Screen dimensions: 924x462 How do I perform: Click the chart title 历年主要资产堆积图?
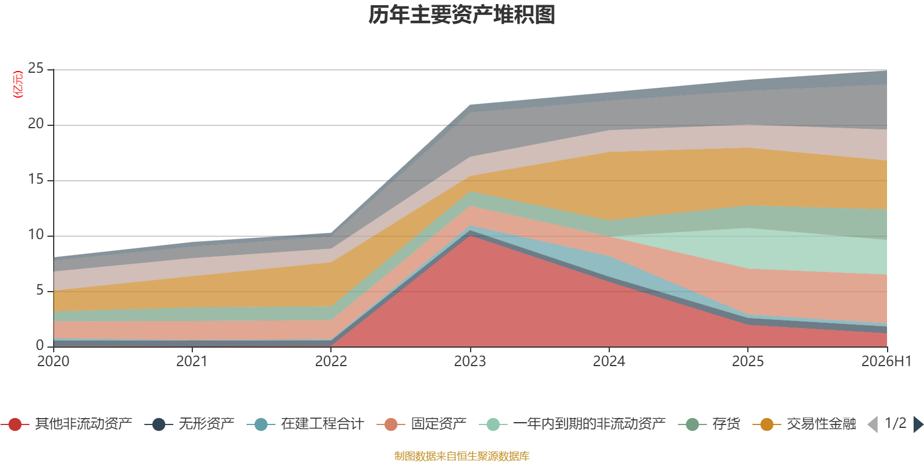point(461,15)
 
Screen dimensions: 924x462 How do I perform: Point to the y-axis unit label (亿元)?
point(18,84)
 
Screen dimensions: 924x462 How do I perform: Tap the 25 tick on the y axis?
point(36,69)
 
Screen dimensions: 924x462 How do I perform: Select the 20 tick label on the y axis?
point(36,124)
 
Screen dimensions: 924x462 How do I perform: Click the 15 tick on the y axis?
point(36,180)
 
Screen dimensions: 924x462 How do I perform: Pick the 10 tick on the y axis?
point(36,234)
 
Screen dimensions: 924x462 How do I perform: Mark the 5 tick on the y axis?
point(40,290)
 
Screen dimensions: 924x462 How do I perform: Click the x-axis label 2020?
point(53,362)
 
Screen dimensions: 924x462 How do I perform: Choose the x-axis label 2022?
point(331,362)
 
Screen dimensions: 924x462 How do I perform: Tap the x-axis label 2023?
point(470,362)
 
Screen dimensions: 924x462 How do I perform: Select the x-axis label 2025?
point(748,362)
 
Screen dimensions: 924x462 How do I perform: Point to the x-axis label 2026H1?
point(886,362)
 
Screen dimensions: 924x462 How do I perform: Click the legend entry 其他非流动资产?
point(66,424)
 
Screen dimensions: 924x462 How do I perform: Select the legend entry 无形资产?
point(190,424)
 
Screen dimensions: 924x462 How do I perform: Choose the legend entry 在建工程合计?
point(305,424)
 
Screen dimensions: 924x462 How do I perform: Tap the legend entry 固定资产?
point(422,424)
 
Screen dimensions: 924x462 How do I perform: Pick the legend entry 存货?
point(709,424)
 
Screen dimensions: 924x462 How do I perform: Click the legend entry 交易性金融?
point(804,424)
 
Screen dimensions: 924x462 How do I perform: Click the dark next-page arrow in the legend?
point(918,424)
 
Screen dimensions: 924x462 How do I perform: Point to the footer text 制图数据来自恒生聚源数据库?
point(461,456)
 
